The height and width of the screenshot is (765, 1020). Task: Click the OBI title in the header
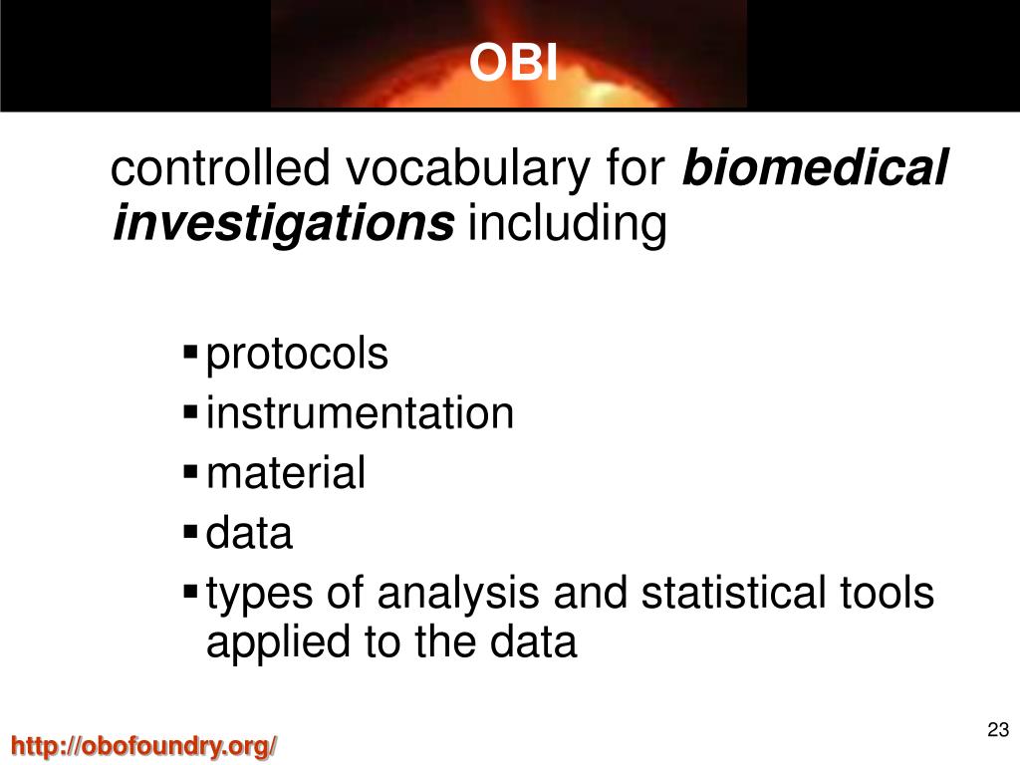513,63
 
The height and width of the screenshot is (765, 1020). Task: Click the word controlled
220,167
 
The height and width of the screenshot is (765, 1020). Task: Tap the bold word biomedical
815,167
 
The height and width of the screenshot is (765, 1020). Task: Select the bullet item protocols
297,356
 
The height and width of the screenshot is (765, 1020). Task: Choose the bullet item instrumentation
360,413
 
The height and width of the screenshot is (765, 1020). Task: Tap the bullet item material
286,472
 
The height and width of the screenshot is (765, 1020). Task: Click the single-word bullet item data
249,533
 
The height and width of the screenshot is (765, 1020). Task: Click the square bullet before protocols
190,353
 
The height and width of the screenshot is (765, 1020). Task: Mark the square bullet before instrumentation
190,411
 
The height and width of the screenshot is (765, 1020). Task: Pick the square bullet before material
190,471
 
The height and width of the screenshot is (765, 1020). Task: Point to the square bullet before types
190,592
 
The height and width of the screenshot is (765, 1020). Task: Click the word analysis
458,595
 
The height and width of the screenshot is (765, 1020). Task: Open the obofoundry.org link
144,745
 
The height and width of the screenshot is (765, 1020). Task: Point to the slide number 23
998,729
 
